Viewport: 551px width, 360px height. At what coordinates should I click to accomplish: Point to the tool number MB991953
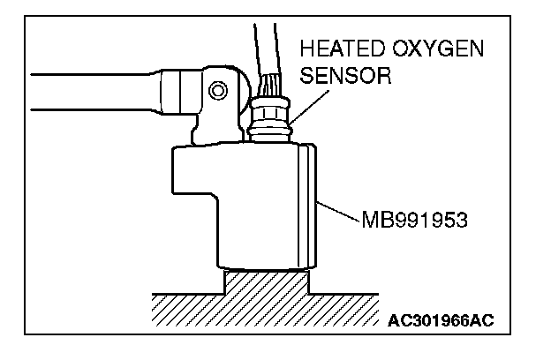[412, 218]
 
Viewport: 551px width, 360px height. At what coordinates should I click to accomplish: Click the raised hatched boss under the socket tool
[268, 284]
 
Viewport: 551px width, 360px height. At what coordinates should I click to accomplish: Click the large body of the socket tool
[256, 203]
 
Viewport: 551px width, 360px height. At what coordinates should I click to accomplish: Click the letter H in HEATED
[306, 49]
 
